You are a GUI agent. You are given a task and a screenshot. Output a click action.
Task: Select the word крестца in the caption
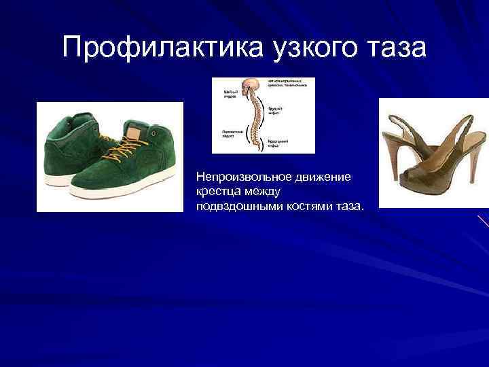pyautogui.click(x=216, y=191)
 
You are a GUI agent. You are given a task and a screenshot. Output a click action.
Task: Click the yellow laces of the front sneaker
pyautogui.click(x=109, y=145)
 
